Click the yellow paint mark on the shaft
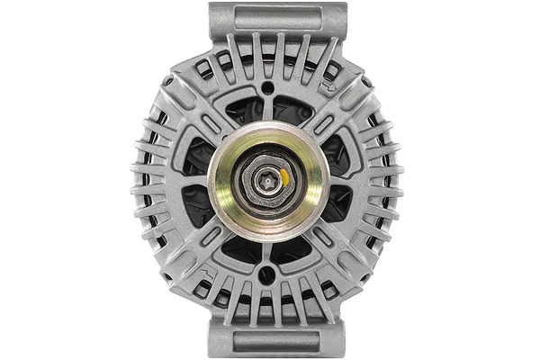284,176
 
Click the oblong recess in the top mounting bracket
277,17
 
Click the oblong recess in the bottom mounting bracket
277,341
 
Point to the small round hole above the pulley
267,88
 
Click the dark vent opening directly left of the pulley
196,180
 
